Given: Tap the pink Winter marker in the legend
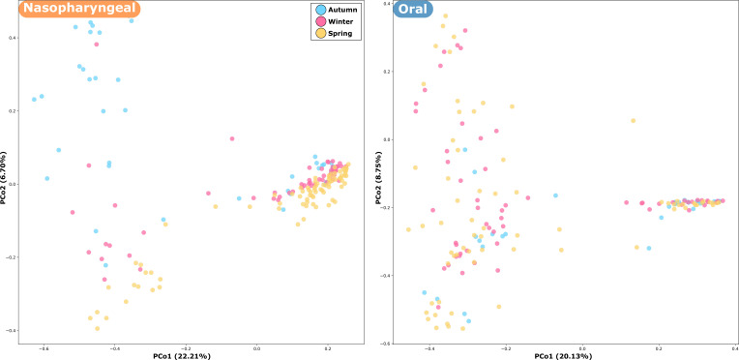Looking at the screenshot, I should tap(320, 21).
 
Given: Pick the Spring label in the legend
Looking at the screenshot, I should tap(340, 34).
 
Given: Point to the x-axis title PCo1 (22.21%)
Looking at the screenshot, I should tap(188, 355).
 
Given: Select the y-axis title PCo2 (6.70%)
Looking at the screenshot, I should tap(5, 176).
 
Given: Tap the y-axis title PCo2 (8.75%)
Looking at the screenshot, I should tap(374, 176).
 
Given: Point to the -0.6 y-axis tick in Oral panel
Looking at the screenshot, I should tap(384, 343).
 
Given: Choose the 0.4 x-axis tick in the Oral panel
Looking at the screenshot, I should tap(734, 348).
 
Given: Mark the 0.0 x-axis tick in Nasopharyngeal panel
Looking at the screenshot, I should tap(256, 346).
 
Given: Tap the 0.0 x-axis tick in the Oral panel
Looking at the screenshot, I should tap(582, 348).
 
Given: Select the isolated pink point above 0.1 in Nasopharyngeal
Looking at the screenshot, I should tap(232, 138).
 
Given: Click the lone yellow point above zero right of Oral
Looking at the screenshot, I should tap(633, 121).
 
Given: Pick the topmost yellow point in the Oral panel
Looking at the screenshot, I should tap(445, 15).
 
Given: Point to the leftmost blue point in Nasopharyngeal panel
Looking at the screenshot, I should tap(34, 99).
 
